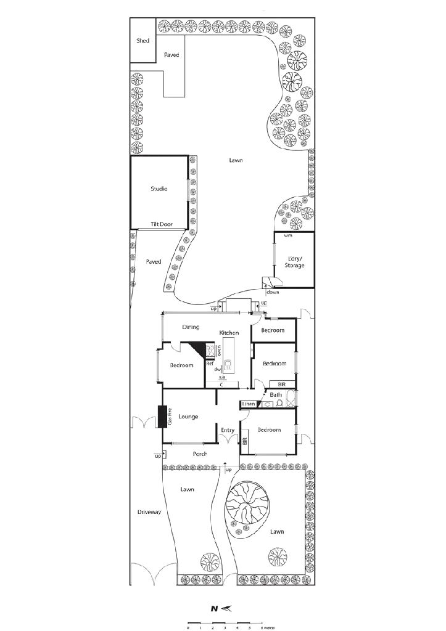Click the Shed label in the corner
coord(142,41)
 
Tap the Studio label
coord(159,188)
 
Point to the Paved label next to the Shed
coord(172,55)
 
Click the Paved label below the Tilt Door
coord(153,261)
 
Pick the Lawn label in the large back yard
coord(236,160)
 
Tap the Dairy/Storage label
coord(294,263)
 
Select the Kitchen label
coord(229,333)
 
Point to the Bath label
coord(276,394)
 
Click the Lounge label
coord(188,417)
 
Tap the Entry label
coord(228,431)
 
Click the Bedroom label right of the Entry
coord(269,429)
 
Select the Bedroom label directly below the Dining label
coord(181,365)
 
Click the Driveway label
coord(149,512)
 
